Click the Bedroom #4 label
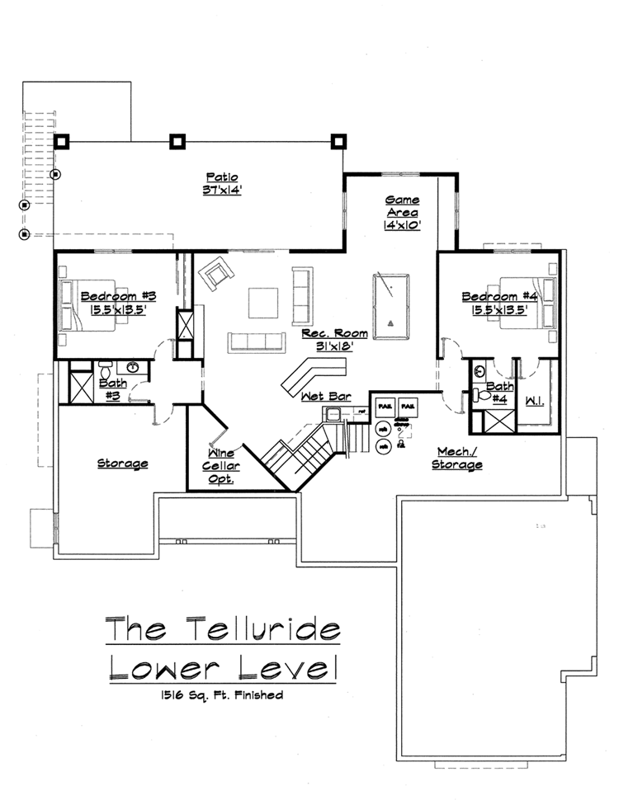[x=499, y=297]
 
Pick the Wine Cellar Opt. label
[x=220, y=466]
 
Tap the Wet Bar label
[x=326, y=397]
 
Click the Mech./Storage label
[x=456, y=458]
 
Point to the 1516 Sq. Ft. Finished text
[x=223, y=695]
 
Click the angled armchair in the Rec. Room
[x=218, y=273]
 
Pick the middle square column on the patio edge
[x=177, y=141]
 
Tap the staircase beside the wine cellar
[x=301, y=454]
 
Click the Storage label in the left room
[x=122, y=464]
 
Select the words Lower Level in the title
[x=223, y=667]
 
